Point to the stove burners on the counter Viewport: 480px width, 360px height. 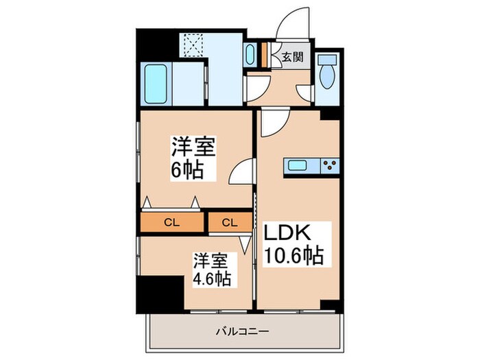pos(328,165)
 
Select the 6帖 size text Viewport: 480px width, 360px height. pos(189,170)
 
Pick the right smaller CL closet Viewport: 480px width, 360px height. pos(230,221)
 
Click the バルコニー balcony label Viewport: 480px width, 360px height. pos(240,331)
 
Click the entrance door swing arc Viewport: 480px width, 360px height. pos(291,24)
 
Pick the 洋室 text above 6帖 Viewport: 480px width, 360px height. pos(193,147)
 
